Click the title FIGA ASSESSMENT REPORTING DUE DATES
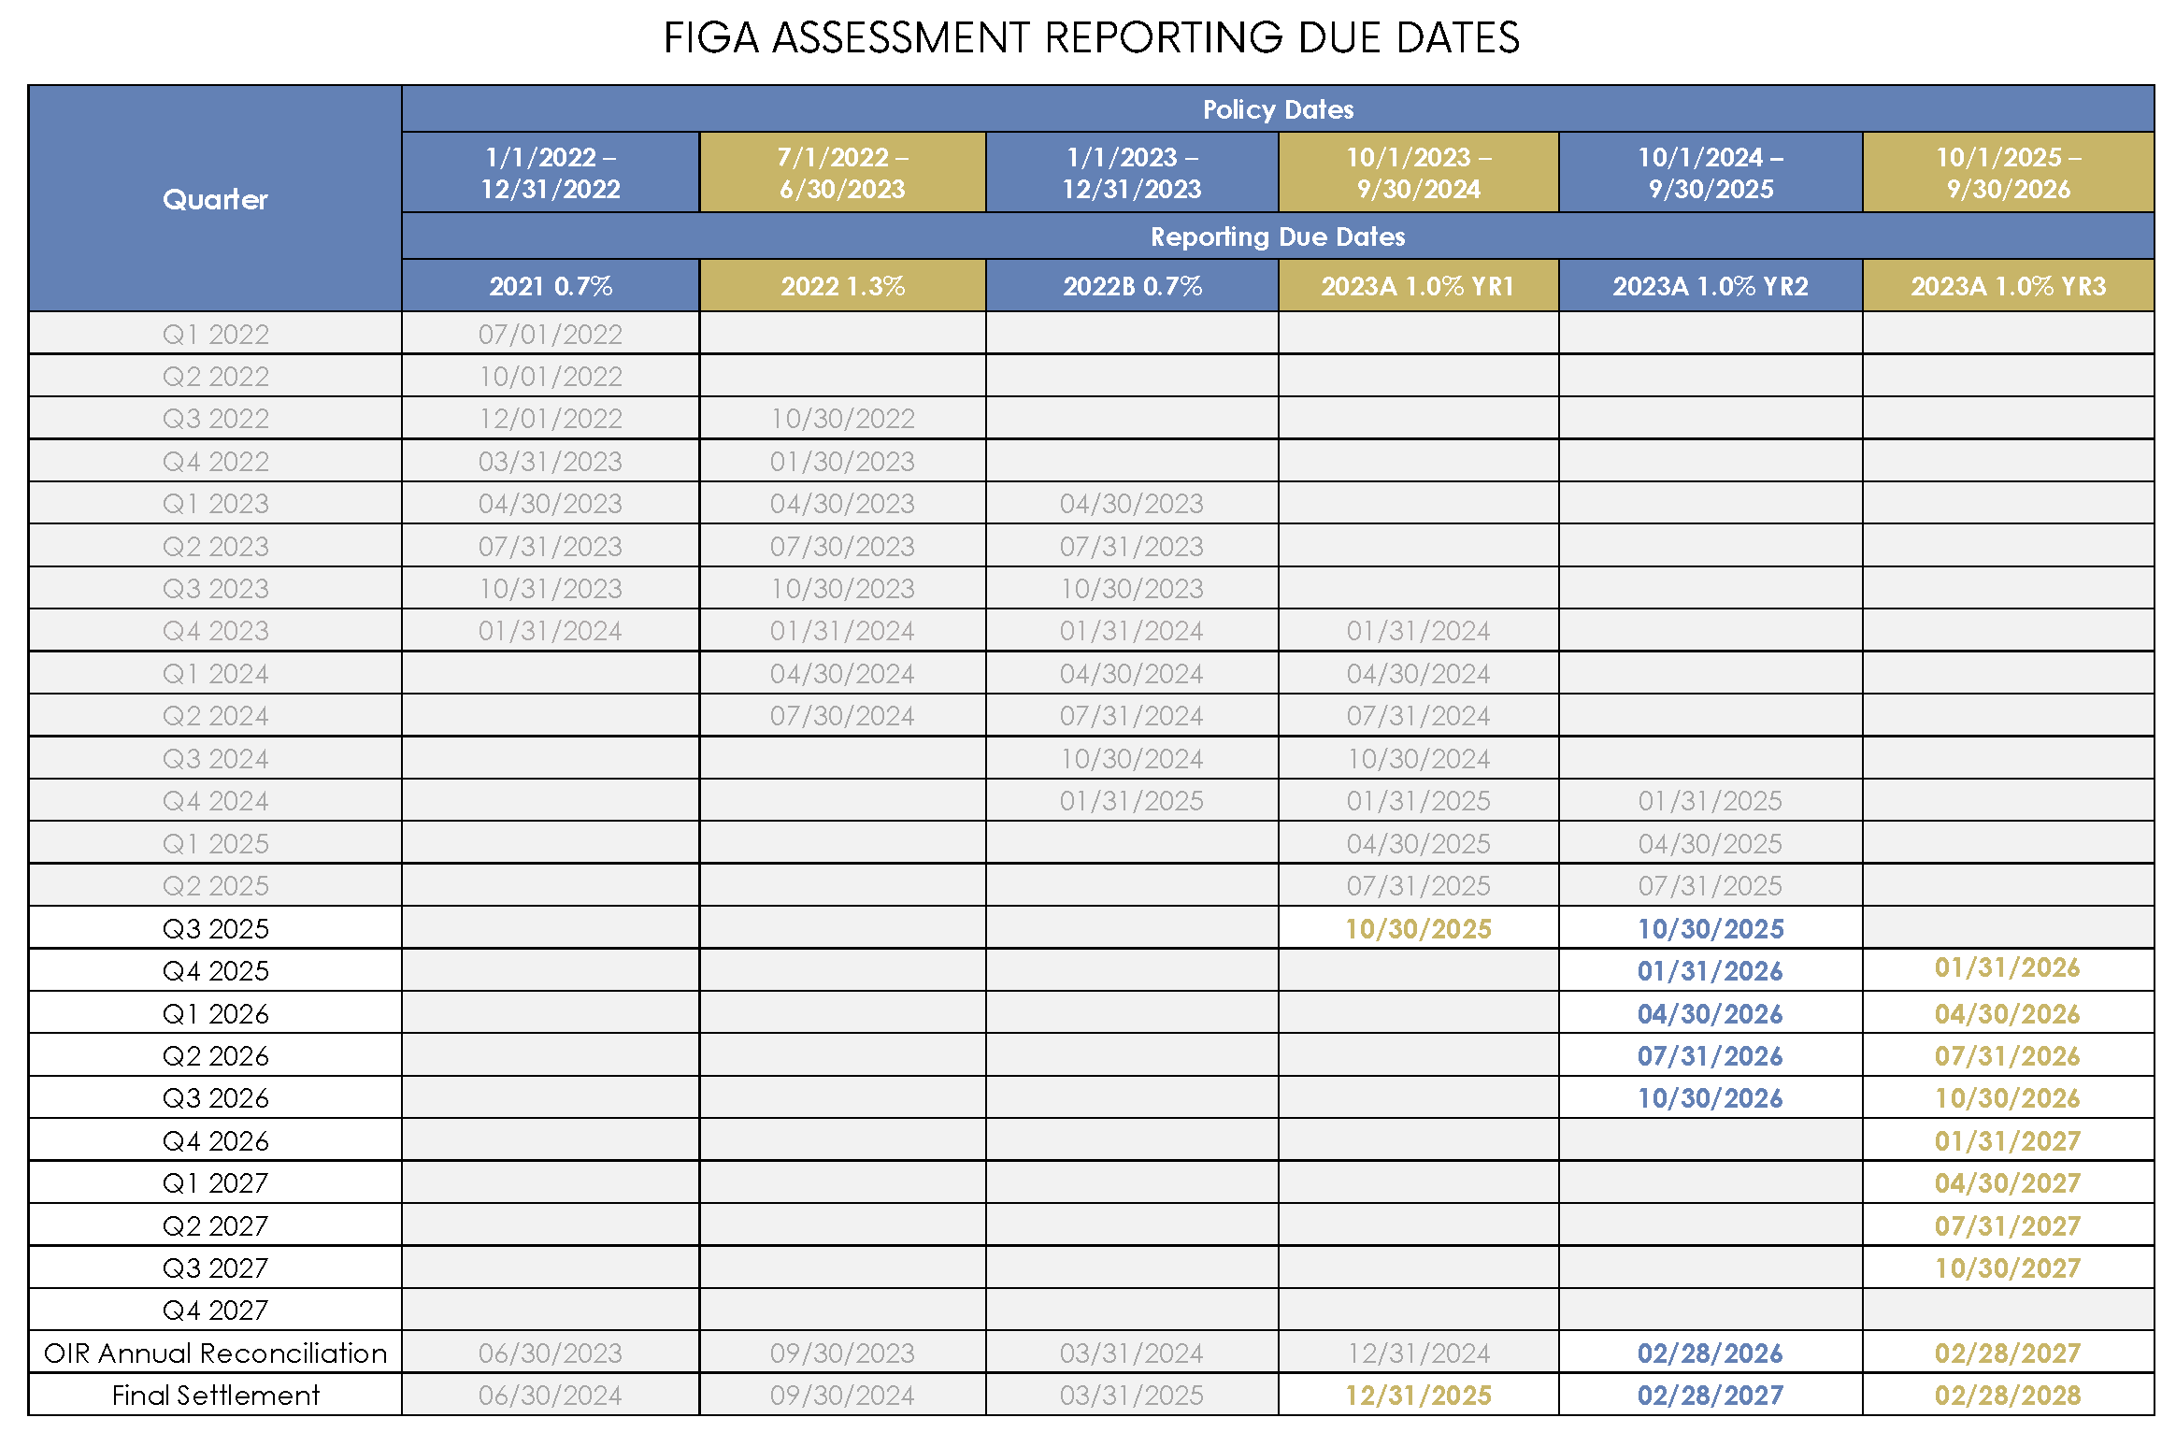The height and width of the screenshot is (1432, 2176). (x=1091, y=38)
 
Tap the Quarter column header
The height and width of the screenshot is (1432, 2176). (x=215, y=199)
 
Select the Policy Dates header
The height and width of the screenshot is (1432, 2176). (x=1278, y=109)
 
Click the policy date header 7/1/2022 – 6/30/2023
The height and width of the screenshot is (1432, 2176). (x=842, y=173)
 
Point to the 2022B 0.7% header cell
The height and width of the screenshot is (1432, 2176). (x=1132, y=286)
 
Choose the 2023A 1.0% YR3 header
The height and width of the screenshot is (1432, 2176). (x=2008, y=286)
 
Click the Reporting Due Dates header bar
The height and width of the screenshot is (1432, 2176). (x=1278, y=236)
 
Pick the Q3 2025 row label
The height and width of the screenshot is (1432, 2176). (x=215, y=929)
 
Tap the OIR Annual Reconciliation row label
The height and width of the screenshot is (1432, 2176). (x=215, y=1353)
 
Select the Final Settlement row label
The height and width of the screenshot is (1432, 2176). (x=215, y=1396)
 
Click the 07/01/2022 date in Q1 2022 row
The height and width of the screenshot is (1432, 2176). (x=551, y=335)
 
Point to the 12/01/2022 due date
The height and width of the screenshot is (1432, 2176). (x=551, y=419)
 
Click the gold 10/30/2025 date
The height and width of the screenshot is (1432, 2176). (x=1418, y=929)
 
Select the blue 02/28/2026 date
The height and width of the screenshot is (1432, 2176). (x=1710, y=1353)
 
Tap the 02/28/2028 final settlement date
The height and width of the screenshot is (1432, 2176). (x=2008, y=1396)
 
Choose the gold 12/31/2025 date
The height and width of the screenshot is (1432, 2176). (x=1418, y=1396)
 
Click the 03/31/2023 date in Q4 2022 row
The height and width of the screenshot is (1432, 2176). (x=551, y=462)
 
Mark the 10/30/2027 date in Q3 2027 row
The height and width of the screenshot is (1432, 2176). (x=2008, y=1268)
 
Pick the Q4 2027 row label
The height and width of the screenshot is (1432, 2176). (x=215, y=1310)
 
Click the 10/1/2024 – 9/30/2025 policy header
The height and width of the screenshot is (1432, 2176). (x=1711, y=173)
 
